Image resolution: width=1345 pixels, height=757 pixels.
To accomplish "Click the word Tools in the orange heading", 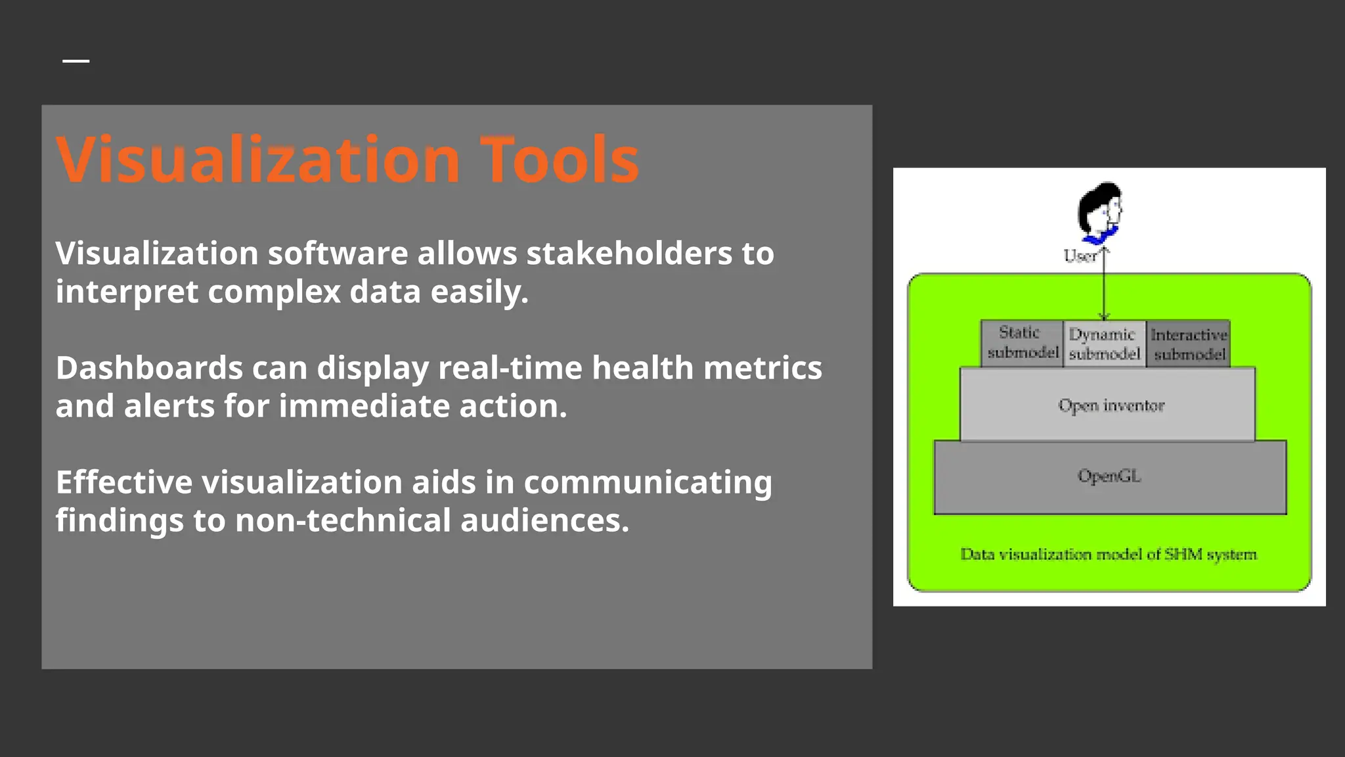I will [560, 160].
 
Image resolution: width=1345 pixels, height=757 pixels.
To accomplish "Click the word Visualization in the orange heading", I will [258, 160].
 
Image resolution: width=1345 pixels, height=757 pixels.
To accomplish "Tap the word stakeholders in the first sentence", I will [629, 254].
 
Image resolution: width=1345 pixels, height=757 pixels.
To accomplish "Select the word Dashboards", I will [149, 368].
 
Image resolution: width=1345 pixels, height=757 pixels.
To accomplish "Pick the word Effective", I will [123, 482].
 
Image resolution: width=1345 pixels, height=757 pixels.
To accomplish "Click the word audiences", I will [544, 520].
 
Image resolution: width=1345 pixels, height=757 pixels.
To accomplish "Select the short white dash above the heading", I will [76, 61].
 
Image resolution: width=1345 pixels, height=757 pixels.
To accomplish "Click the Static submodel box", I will [1022, 343].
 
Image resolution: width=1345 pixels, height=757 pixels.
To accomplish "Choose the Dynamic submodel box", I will [1104, 344].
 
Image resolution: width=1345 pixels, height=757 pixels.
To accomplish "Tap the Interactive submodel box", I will [1189, 344].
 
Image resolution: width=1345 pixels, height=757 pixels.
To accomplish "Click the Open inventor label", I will [1111, 405].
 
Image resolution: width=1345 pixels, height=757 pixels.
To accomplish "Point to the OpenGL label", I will [1109, 476].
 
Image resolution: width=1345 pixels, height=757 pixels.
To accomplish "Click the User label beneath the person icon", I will [1079, 256].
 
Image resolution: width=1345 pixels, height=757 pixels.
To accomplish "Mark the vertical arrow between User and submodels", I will [1105, 289].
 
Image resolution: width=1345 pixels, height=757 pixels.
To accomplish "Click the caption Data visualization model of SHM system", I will [1109, 555].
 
